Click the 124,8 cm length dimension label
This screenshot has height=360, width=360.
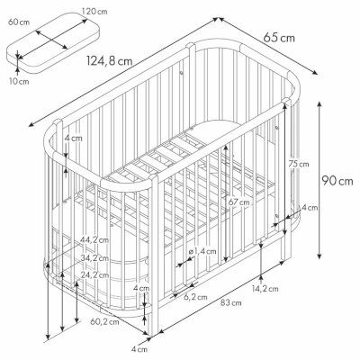click(x=110, y=61)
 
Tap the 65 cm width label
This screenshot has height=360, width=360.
click(x=279, y=38)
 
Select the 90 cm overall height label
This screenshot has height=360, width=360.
click(x=337, y=181)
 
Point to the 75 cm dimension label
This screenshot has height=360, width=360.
click(x=299, y=164)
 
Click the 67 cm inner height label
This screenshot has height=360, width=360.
click(x=238, y=202)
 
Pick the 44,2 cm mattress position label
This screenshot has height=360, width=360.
click(x=94, y=240)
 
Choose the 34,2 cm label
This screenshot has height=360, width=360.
click(x=94, y=257)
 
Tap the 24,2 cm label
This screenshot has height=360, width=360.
click(x=94, y=274)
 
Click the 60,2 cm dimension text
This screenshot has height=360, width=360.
click(x=104, y=322)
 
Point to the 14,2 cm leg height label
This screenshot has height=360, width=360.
click(x=265, y=289)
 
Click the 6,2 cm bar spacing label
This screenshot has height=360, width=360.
click(x=195, y=297)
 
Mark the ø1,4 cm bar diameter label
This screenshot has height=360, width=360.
click(x=202, y=251)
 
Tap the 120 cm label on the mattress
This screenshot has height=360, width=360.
click(x=94, y=12)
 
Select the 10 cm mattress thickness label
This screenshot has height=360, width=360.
click(x=19, y=81)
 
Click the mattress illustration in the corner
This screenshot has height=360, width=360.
click(x=52, y=42)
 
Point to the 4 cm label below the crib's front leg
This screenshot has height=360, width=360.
click(x=139, y=349)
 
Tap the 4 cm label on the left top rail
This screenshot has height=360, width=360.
click(x=74, y=139)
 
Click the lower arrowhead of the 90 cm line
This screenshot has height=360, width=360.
click(x=319, y=256)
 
